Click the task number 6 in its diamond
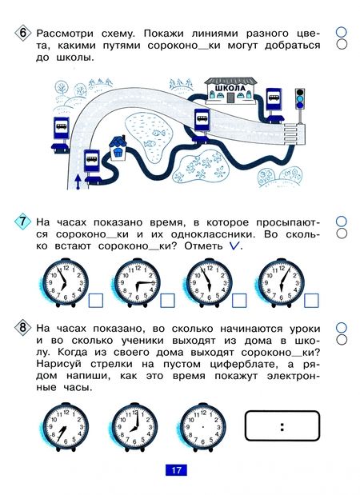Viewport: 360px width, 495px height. point(23,33)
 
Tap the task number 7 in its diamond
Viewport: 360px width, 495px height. point(23,222)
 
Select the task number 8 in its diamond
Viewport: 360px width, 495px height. point(23,328)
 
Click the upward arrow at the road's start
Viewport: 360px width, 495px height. point(78,182)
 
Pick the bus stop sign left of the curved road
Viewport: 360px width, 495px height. point(61,135)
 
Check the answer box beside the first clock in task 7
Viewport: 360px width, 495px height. point(96,300)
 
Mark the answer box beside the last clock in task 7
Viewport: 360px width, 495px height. point(311,300)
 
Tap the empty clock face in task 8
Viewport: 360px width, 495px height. point(203,427)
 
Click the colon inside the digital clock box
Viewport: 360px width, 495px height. point(282,427)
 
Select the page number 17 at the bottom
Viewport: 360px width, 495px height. point(176,470)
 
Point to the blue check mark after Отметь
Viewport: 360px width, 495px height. point(234,246)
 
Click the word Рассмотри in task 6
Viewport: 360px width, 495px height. point(65,33)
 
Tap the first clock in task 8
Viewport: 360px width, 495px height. point(66,427)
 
